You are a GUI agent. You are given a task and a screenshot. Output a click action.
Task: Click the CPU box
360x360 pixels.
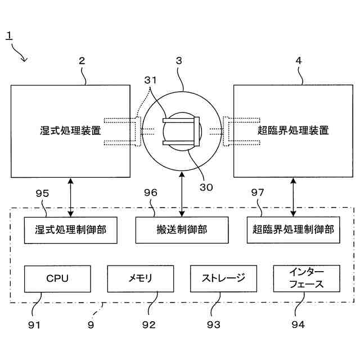[x=57, y=278]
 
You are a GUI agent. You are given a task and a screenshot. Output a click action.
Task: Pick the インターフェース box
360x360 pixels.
[x=307, y=278]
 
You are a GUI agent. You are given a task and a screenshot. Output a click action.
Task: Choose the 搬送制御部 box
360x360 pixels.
[x=182, y=229]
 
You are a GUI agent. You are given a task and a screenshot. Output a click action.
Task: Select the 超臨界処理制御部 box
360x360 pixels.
[x=293, y=229]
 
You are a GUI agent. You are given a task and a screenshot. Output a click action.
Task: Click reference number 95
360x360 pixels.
[x=43, y=193]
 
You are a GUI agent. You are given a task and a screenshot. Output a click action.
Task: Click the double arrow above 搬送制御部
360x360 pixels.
[x=182, y=196]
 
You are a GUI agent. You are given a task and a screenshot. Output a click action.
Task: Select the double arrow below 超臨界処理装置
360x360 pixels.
[x=293, y=196]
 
